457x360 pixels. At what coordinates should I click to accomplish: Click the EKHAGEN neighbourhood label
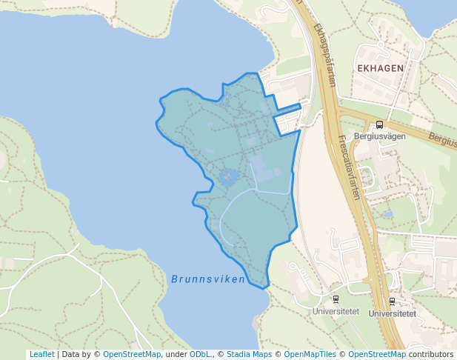tap(380, 68)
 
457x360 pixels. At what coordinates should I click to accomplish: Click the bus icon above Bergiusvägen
tap(380, 124)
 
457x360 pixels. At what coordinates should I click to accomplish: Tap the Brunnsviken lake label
tap(207, 279)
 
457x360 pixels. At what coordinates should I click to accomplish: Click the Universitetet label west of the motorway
tap(336, 312)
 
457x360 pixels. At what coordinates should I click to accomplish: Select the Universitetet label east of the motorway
tap(392, 313)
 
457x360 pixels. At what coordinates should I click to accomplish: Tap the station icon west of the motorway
tap(336, 299)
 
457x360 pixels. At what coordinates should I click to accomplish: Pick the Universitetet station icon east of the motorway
tap(392, 301)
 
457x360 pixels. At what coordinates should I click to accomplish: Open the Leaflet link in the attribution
tap(41, 354)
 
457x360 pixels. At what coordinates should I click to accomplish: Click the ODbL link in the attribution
tap(200, 354)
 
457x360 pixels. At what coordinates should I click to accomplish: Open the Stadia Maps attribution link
tap(249, 354)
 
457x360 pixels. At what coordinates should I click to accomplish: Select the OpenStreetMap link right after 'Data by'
tap(131, 354)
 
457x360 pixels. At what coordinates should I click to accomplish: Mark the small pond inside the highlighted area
tap(227, 177)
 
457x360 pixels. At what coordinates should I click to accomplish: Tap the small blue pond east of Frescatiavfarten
tap(388, 214)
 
